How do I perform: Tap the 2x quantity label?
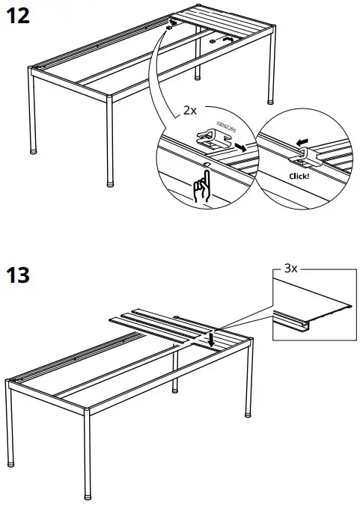(x=190, y=109)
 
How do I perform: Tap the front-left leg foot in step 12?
(x=34, y=150)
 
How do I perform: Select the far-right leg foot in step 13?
(x=248, y=412)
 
